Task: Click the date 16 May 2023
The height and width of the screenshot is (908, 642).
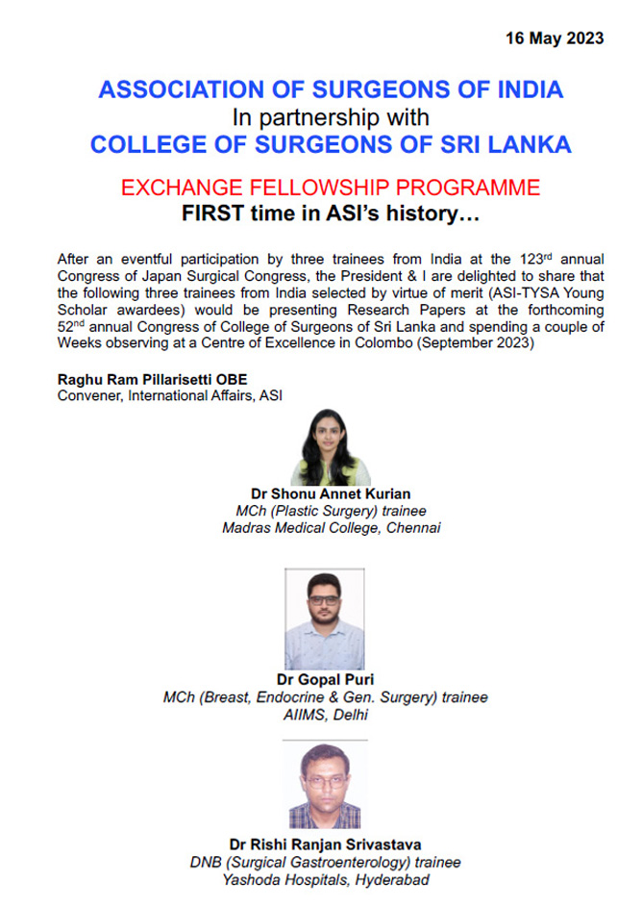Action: pos(555,38)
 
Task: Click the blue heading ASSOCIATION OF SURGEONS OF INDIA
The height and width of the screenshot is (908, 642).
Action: pos(331,91)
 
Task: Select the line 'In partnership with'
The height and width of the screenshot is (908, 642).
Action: pos(331,117)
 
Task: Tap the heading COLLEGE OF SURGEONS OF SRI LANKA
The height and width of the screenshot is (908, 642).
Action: pos(331,144)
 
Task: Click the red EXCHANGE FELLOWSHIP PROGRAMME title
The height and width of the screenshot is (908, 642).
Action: pos(331,187)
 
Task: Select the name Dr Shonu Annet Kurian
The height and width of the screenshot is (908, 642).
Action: pos(331,494)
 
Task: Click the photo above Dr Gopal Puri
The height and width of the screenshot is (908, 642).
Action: pos(325,619)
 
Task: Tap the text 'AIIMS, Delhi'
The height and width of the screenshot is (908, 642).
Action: pos(331,714)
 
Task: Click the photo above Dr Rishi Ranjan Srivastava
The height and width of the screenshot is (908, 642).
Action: pos(325,789)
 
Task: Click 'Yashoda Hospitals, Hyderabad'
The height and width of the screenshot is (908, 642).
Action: pos(331,878)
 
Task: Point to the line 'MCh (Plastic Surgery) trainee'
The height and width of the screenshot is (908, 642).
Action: pos(331,511)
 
